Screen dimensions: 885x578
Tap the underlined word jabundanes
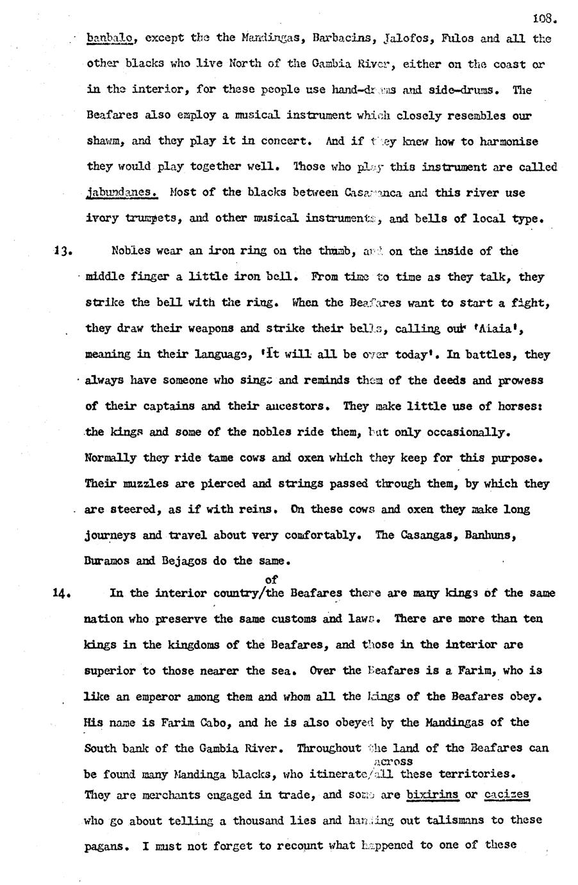(x=121, y=192)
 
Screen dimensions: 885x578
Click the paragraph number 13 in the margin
(x=62, y=251)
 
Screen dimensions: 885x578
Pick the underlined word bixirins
(x=433, y=795)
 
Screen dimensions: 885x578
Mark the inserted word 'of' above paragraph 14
(x=271, y=579)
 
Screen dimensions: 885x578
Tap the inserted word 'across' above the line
(x=392, y=761)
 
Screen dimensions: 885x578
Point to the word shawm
(x=103, y=141)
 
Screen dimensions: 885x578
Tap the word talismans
(x=463, y=820)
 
